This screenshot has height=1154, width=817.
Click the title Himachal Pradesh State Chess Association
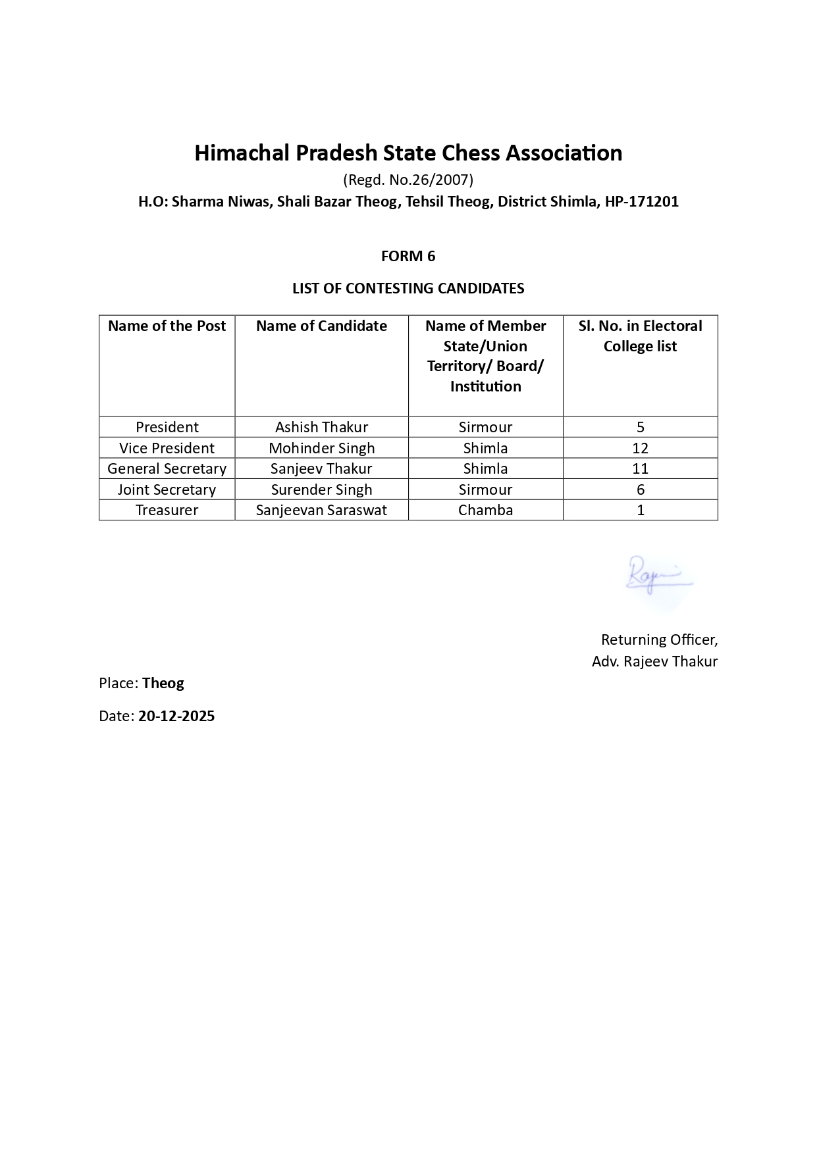tap(408, 153)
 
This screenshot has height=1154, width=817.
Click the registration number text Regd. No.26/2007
tap(408, 180)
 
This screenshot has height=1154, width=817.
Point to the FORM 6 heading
tap(408, 256)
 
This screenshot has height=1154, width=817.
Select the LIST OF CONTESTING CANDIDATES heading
tap(408, 288)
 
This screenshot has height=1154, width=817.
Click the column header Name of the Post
tap(167, 326)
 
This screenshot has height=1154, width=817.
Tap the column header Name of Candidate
tap(321, 326)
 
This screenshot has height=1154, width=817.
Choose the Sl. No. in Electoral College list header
tap(640, 336)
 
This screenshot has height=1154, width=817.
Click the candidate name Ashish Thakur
tap(321, 427)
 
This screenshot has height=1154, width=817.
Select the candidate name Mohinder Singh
tap(321, 448)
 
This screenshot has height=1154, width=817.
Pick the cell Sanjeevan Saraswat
tap(321, 510)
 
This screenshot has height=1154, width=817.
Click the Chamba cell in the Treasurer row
tap(485, 510)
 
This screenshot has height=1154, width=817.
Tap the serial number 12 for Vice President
tap(640, 448)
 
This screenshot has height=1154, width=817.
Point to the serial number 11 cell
tap(640, 468)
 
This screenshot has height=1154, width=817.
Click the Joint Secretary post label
tap(167, 489)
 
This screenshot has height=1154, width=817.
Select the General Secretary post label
tap(167, 468)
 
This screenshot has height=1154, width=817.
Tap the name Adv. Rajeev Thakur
tap(654, 661)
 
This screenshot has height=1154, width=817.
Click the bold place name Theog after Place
tap(163, 683)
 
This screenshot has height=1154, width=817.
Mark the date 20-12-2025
tap(176, 716)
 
